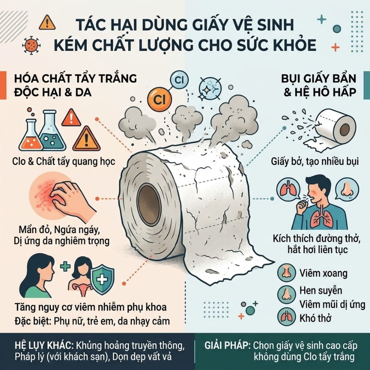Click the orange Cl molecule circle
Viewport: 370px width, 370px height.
pyautogui.click(x=160, y=99)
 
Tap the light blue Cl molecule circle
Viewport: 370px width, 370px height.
pyautogui.click(x=179, y=80)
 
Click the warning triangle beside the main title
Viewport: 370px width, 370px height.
pyautogui.click(x=47, y=23)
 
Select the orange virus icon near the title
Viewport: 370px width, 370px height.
pyautogui.click(x=31, y=45)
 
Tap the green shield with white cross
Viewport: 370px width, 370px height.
pyautogui.click(x=102, y=280)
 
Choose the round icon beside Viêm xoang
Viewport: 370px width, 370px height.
pyautogui.click(x=287, y=273)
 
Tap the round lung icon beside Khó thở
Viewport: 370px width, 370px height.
pyautogui.click(x=287, y=317)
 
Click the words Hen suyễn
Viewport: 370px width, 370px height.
pyautogui.click(x=321, y=291)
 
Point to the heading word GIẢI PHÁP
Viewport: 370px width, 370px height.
pyautogui.click(x=227, y=346)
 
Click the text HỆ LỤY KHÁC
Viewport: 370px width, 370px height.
pyautogui.click(x=43, y=346)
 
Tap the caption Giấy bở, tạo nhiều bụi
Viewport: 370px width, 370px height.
pyautogui.click(x=314, y=162)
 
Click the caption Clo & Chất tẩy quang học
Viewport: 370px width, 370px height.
pyautogui.click(x=64, y=162)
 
